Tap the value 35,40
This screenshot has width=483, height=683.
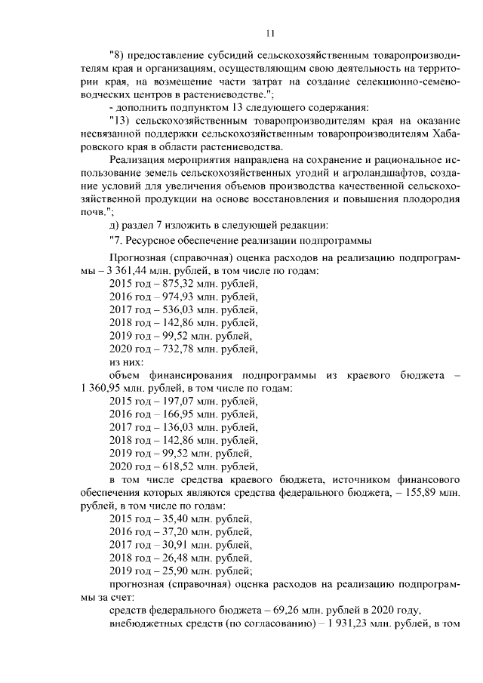171,519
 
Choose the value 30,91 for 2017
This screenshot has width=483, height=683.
171,546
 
